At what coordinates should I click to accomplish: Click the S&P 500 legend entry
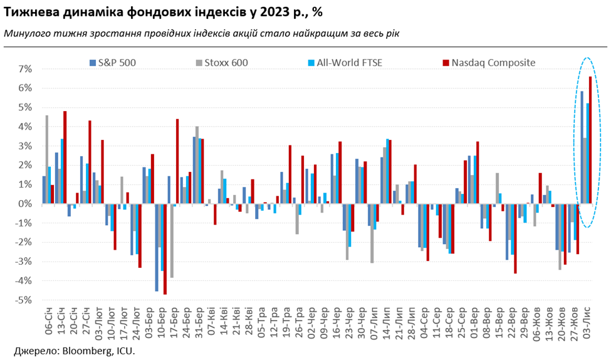(117, 62)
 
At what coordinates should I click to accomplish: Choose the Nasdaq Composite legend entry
(492, 62)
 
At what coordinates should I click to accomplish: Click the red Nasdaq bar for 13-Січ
(65, 157)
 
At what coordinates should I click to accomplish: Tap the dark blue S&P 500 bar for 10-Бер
(157, 247)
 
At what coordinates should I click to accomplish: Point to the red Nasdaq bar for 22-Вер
(515, 238)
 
